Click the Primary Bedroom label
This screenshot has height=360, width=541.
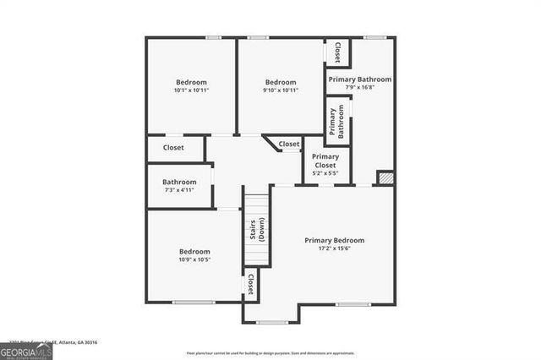pyautogui.click(x=338, y=241)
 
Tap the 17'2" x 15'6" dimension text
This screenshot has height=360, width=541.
pyautogui.click(x=338, y=250)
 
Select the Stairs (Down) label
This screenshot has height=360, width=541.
pyautogui.click(x=256, y=231)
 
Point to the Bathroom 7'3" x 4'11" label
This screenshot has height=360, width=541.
pyautogui.click(x=179, y=185)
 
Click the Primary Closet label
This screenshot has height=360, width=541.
pyautogui.click(x=325, y=161)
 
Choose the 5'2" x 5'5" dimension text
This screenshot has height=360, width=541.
pyautogui.click(x=325, y=174)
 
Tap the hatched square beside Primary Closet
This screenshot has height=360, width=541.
pyautogui.click(x=385, y=178)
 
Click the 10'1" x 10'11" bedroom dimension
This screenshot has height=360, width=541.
pyautogui.click(x=191, y=90)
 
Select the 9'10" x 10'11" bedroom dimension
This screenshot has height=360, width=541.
pyautogui.click(x=281, y=90)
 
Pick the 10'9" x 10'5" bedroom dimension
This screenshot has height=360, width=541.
pyautogui.click(x=194, y=259)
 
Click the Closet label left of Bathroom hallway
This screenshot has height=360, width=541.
pyautogui.click(x=173, y=148)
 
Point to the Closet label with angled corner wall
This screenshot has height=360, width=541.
pyautogui.click(x=289, y=145)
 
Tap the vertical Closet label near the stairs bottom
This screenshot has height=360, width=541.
pyautogui.click(x=251, y=285)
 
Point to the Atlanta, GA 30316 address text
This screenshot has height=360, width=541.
pyautogui.click(x=76, y=342)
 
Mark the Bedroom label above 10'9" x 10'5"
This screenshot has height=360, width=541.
pyautogui.click(x=194, y=251)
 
